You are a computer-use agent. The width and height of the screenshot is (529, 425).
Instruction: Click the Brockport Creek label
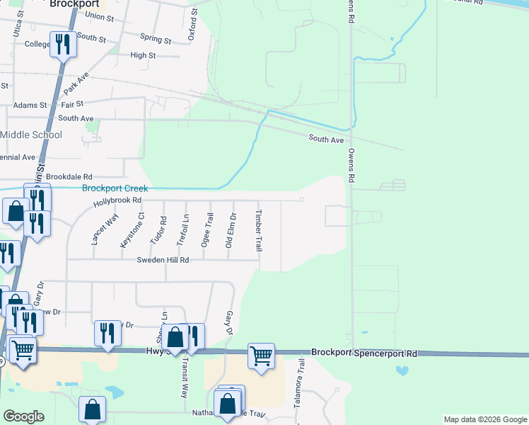tap(115, 188)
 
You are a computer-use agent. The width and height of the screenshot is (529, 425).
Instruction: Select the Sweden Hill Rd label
tap(163, 260)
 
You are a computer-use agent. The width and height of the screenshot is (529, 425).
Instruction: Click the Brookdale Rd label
tap(69, 176)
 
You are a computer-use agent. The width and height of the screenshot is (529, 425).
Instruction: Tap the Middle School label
tap(31, 135)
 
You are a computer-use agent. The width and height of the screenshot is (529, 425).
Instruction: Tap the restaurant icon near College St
tap(63, 45)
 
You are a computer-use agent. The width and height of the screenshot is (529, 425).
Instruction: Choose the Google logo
tap(23, 416)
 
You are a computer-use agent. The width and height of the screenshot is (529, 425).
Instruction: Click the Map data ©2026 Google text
tap(484, 419)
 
